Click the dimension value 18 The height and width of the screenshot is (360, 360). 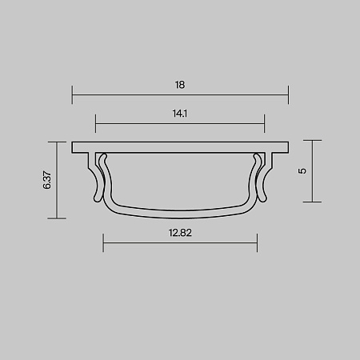click(180, 83)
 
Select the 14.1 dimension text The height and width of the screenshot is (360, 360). click(180, 114)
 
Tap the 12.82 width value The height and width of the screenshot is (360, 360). click(180, 234)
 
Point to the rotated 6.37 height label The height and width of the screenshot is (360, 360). click(47, 180)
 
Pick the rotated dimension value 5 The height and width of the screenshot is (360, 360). click(302, 170)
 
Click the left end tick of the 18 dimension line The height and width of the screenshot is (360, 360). click(73, 94)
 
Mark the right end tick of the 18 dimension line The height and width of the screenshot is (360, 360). click(287, 94)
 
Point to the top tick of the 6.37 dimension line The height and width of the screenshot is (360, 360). click(57, 142)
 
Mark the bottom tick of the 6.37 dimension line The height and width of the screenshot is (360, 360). click(57, 218)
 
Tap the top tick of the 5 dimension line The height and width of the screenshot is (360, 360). click(312, 142)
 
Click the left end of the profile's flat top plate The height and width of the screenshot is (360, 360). click(74, 147)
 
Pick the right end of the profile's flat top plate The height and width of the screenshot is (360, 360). click(286, 147)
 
